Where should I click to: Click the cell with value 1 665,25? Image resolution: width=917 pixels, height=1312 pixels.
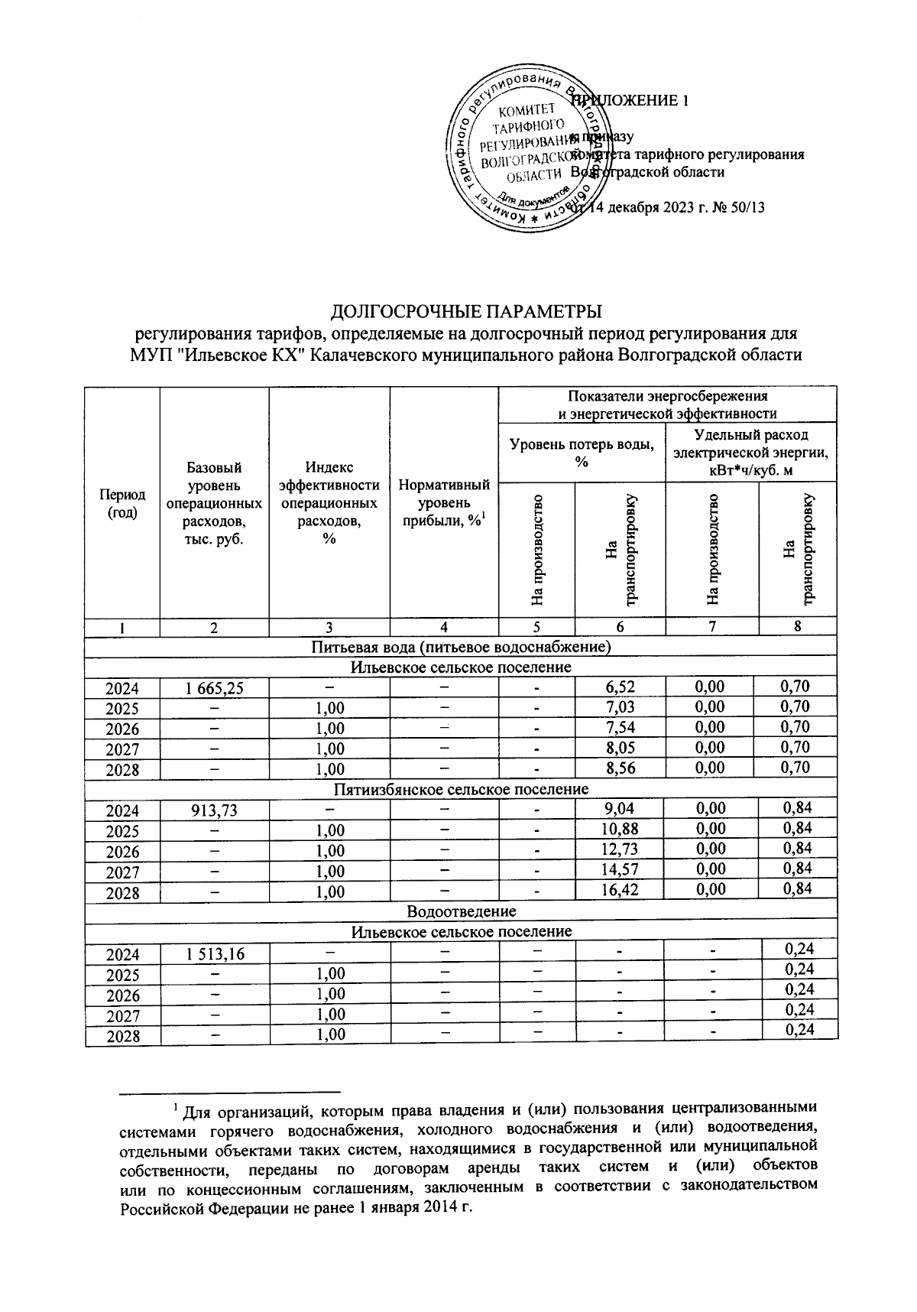coord(214,688)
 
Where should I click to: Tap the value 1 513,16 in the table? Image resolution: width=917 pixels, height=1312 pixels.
coord(214,954)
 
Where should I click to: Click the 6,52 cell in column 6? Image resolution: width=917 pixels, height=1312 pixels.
coord(619,687)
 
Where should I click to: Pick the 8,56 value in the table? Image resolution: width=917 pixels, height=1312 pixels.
coord(619,768)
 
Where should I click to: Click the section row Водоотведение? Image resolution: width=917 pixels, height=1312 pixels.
coord(462,911)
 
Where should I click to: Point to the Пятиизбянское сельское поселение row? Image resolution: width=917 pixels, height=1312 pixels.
coord(462,789)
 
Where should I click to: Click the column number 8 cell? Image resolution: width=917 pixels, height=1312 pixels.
coord(797,627)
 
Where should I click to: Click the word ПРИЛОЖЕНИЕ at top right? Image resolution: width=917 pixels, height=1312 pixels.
coord(634,101)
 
